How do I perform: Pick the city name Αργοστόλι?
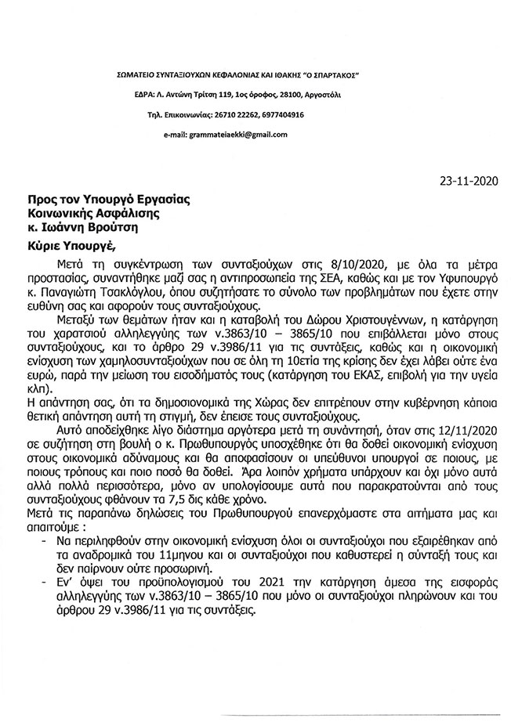point(335,94)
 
